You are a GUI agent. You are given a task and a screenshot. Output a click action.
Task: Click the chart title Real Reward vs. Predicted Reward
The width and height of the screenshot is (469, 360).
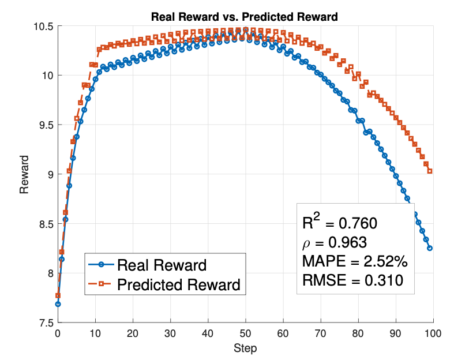coord(244,17)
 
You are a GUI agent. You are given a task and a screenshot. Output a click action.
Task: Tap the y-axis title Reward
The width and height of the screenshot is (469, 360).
coord(24,174)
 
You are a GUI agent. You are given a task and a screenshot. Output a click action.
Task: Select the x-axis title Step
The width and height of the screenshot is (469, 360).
coord(245,348)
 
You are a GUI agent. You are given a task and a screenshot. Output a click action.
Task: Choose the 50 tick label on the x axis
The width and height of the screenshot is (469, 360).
coord(245,334)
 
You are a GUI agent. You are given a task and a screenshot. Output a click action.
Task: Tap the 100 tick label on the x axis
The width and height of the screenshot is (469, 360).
coord(433,334)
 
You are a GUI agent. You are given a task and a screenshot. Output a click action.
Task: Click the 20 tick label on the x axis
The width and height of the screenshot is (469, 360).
coord(133,334)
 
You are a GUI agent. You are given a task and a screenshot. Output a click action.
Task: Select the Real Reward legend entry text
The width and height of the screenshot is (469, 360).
coord(162,265)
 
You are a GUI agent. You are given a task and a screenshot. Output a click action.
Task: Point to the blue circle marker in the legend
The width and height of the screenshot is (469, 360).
coord(101,265)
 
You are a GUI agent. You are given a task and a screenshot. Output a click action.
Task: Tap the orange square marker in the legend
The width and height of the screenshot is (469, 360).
coord(101,284)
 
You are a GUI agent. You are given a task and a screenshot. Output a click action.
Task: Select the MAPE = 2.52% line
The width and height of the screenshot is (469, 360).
coord(355,261)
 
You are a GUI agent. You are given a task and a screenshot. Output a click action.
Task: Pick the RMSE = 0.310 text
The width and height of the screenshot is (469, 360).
coord(352,280)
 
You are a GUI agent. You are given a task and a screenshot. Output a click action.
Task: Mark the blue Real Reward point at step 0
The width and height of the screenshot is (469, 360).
coord(58,304)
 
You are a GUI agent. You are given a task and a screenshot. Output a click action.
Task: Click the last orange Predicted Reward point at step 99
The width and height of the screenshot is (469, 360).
coord(430,171)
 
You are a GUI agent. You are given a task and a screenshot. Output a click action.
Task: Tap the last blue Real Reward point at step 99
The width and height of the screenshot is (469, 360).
coord(430,248)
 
